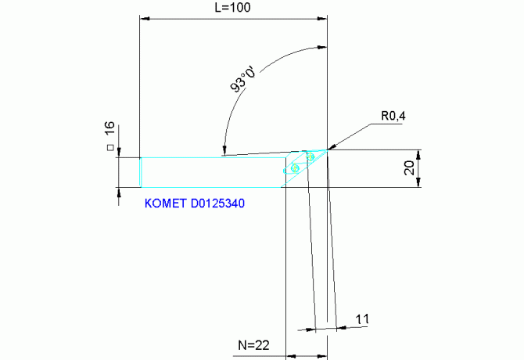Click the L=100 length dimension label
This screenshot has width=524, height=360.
[232, 7]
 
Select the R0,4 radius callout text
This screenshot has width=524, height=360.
[394, 117]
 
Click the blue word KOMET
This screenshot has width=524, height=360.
[166, 203]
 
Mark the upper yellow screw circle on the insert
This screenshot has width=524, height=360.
[310, 158]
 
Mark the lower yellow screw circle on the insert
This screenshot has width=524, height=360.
[295, 168]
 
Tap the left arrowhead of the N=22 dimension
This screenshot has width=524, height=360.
[290, 356]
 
